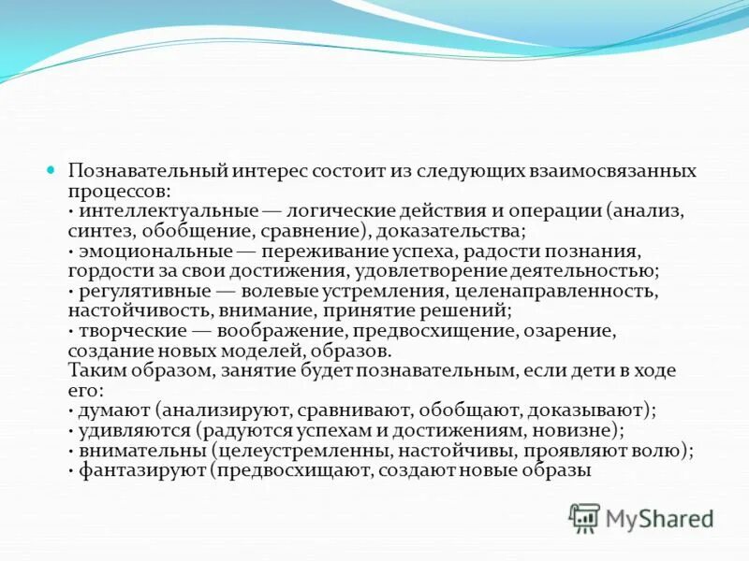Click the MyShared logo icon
click(585, 517)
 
